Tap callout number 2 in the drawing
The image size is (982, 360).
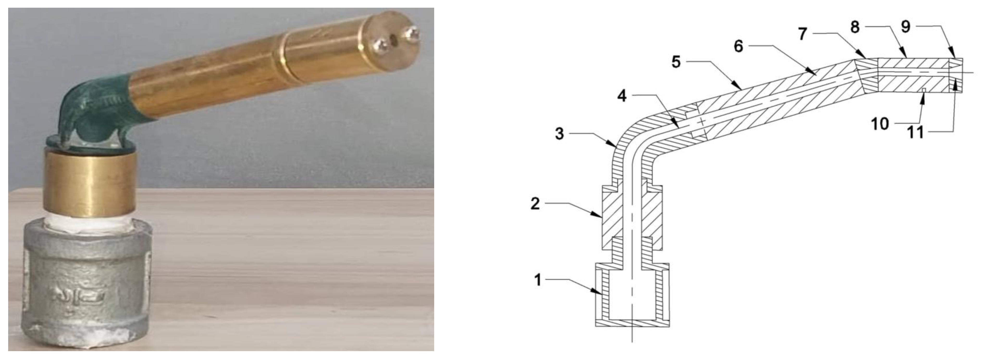coord(535,204)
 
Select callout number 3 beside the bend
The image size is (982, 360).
coord(559,134)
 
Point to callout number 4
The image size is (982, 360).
coord(622,96)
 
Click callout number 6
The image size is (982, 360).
coord(738,47)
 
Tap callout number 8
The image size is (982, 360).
coord(855,27)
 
